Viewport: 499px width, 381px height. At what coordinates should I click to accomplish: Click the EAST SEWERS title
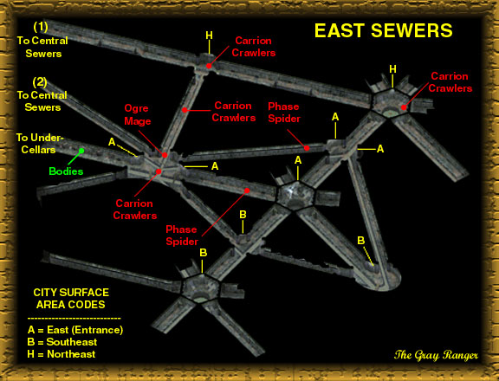coord(383,31)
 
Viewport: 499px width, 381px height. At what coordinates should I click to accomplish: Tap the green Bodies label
coord(66,171)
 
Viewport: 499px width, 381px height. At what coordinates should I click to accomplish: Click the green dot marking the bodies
coord(81,151)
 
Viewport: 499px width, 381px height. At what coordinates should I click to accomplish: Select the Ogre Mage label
coord(138,114)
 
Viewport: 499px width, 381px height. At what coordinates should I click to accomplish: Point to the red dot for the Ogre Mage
coord(165,155)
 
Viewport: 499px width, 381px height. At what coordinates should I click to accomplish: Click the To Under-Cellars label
coord(40,144)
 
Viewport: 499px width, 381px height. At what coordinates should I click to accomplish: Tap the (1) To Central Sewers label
coord(42,40)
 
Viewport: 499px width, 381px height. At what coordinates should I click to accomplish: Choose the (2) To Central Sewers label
coord(42,94)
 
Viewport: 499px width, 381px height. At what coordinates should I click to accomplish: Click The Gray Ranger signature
coord(436,355)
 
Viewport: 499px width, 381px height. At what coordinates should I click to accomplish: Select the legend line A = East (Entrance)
coord(75,330)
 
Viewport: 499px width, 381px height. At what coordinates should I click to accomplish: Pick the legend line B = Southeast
coord(62,342)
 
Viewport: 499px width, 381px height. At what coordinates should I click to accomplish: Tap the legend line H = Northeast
coord(62,354)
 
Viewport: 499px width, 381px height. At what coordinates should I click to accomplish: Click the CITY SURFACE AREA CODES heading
coord(71,299)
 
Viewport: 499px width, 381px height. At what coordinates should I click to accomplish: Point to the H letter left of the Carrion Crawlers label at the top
coord(209,36)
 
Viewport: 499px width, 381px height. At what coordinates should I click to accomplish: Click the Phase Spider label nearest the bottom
coord(182,236)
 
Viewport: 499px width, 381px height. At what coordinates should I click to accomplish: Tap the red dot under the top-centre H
coord(209,66)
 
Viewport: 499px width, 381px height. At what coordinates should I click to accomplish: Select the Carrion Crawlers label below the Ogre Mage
coord(135,210)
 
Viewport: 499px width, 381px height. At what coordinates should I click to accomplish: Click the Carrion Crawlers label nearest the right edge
coord(450,82)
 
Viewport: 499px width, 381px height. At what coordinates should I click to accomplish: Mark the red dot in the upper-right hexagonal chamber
coord(404,107)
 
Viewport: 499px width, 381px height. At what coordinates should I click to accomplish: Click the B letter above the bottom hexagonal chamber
coord(203,253)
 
